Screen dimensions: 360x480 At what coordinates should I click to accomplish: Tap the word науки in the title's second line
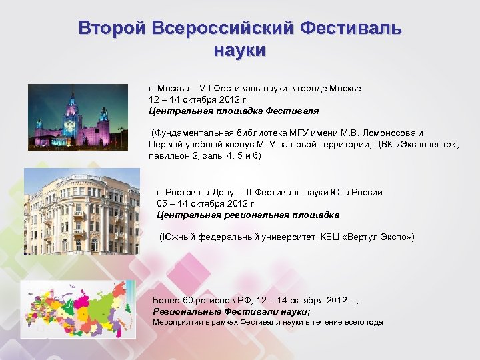[x=240, y=50]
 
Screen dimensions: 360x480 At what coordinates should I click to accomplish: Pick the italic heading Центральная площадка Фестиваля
[x=234, y=111]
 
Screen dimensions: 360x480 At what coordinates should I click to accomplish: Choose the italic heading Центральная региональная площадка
[x=248, y=215]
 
